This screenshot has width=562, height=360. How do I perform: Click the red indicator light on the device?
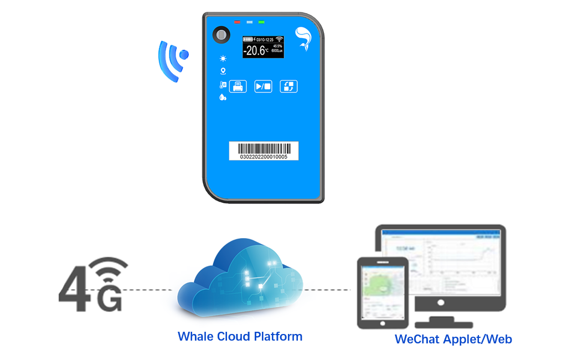pos(237,22)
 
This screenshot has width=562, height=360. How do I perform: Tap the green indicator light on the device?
pos(261,22)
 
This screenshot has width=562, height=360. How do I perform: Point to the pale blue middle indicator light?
pos(249,22)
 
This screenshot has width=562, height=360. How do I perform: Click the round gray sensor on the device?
pos(221,35)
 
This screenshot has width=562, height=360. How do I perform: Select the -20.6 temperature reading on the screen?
pos(257,51)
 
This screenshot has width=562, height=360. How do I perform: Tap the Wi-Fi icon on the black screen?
pos(279,40)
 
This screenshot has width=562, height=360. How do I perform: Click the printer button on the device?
pos(238,86)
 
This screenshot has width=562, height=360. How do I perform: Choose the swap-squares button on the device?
pos(288,86)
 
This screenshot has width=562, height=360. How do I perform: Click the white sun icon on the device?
pos(223,58)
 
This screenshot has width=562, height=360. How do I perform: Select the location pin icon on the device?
pos(223,71)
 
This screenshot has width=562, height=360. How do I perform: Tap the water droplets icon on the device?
pos(223,97)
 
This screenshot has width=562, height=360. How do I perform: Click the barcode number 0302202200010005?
pos(264,157)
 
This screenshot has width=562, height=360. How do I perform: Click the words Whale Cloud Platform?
pos(240,336)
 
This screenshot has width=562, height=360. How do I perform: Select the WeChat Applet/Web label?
pos(453,339)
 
